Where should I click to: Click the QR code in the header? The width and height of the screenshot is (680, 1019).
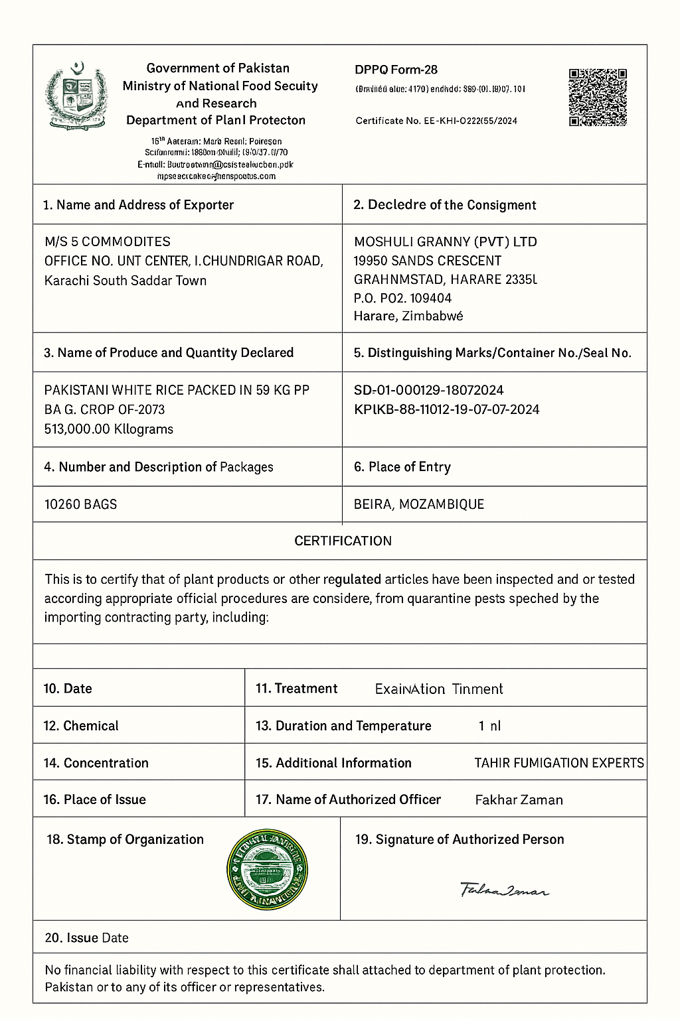598,97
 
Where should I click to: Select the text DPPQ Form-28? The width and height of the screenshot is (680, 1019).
396,70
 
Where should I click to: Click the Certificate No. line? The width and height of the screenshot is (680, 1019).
436,121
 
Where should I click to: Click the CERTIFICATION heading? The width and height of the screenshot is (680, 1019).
343,541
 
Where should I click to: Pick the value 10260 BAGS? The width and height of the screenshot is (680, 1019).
80,504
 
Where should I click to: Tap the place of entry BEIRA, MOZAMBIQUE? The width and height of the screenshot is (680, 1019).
419,504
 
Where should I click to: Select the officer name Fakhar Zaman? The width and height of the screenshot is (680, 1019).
519,800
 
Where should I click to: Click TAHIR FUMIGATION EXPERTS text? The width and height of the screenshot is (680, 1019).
558,763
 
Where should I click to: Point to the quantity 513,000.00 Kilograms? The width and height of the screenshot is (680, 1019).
108,429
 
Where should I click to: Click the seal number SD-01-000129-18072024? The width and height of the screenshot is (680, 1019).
428,390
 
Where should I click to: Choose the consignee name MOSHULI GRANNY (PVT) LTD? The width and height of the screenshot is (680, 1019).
445,241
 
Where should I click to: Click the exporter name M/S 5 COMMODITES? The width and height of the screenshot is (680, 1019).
107,241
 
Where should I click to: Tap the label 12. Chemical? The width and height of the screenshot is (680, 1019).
81,726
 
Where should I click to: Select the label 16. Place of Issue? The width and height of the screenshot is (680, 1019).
94,799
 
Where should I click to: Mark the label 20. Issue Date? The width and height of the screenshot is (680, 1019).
86,938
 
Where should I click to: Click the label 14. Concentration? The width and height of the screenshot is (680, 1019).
96,763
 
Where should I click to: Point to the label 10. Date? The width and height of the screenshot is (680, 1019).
68,689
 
